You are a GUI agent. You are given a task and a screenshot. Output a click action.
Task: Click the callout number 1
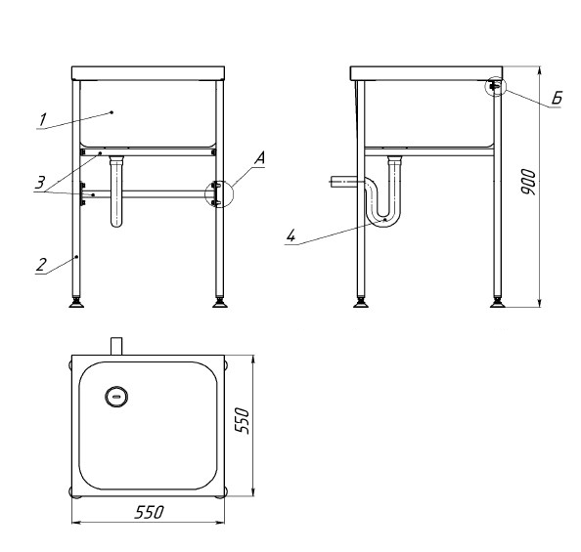pos(43,120)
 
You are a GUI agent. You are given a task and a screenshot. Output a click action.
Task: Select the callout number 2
pos(41,265)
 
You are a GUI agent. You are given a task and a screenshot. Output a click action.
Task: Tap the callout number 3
pos(40,183)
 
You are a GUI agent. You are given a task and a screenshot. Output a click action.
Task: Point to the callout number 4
pos(290,235)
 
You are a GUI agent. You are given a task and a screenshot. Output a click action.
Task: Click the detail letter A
pos(260,158)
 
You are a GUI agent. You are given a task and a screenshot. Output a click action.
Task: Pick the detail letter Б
pos(557,98)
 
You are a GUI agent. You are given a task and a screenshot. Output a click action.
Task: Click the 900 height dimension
pos(528,182)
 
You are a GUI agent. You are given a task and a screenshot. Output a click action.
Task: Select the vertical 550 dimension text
pos(243,420)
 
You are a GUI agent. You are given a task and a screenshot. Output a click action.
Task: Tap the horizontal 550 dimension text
pos(149,512)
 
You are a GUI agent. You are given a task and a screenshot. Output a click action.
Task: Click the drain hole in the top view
pos(116,397)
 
